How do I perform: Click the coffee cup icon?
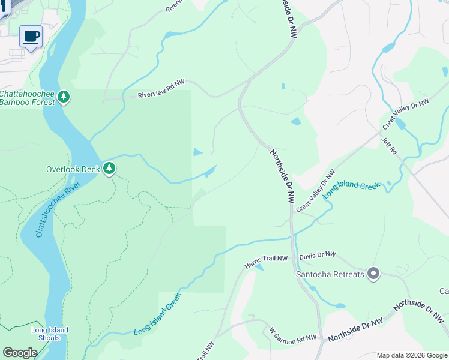point(31,37)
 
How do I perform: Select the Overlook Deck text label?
point(73,169)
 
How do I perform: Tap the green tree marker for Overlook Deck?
point(109,168)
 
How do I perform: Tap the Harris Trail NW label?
point(267,262)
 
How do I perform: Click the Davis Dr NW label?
point(318,255)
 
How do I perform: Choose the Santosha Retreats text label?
point(330,275)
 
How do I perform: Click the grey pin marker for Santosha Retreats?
point(373,274)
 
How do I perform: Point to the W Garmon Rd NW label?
point(292,335)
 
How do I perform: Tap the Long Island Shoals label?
point(50,334)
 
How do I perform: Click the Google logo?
point(20,352)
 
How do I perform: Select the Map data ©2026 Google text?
point(411,355)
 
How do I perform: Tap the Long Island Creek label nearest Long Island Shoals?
point(157,314)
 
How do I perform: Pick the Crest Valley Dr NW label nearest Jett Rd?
point(406,114)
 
